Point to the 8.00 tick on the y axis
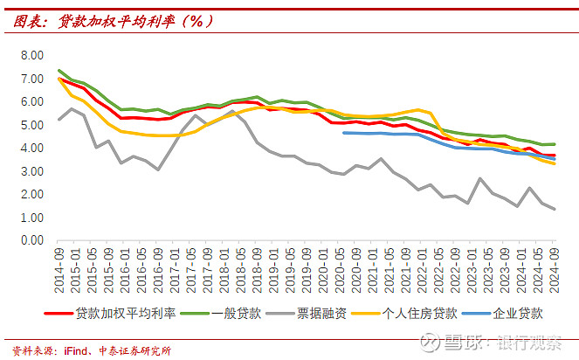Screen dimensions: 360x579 (x=31, y=55)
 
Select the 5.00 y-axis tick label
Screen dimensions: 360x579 (x=31, y=125)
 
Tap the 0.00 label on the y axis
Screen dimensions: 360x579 (x=31, y=240)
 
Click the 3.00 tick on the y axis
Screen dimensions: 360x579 (x=31, y=171)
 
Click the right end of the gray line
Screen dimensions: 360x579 (x=554, y=209)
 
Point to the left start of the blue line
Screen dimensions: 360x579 (x=343, y=132)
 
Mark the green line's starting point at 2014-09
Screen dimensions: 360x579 (x=59, y=71)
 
